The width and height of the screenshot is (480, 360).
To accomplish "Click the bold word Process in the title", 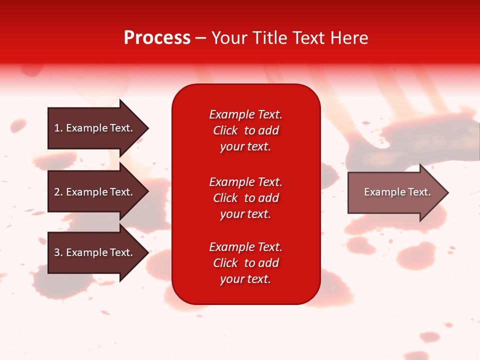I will tap(157, 38).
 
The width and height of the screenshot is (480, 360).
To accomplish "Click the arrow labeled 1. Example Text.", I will tap(95, 128).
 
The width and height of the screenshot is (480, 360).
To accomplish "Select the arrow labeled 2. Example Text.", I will tap(95, 192).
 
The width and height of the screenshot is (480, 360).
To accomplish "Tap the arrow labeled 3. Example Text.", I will tap(95, 252).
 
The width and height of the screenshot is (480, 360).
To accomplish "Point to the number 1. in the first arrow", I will tap(58, 128).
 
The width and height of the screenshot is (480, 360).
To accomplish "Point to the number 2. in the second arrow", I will tap(58, 192).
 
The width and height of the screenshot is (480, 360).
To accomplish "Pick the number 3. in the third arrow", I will tap(58, 252).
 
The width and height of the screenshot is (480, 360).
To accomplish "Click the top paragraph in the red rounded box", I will tap(245, 130).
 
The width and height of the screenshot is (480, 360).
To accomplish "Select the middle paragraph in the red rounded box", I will tap(245, 198).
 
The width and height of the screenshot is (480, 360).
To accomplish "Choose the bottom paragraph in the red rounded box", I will tap(245, 263).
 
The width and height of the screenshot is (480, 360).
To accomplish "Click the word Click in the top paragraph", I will tap(225, 130).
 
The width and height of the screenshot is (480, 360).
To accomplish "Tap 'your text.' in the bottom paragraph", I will tap(245, 279).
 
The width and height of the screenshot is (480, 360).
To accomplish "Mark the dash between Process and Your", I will tap(200, 38).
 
